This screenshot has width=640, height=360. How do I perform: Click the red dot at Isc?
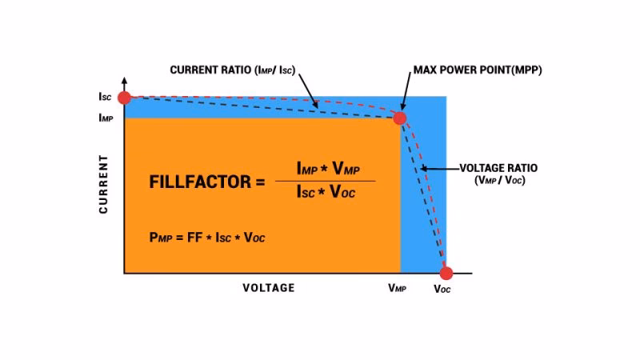tap(124, 97)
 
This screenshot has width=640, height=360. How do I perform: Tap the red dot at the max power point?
tap(399, 118)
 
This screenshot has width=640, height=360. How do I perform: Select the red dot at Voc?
tap(446, 273)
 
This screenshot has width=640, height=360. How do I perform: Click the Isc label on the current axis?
tap(105, 97)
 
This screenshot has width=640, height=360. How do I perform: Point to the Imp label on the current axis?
tap(105, 118)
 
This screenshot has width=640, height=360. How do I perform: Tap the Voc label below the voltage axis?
tap(442, 289)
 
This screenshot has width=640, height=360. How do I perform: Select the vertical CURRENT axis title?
tap(104, 185)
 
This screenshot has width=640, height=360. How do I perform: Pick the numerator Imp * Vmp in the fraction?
tap(325, 168)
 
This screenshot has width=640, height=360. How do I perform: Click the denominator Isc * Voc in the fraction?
tap(325, 194)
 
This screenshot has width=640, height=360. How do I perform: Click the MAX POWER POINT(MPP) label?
tap(477, 70)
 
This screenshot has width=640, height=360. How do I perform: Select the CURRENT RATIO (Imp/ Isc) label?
tap(232, 70)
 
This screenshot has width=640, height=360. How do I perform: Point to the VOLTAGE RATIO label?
tap(498, 169)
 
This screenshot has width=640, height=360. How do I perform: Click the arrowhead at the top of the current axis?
tap(124, 82)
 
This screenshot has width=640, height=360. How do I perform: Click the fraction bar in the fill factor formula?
tap(325, 181)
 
